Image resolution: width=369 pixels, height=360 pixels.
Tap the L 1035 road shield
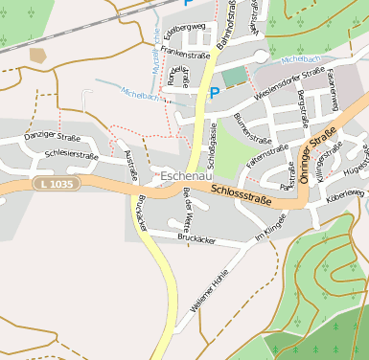pos(55,182)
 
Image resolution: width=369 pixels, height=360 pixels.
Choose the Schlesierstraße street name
pos(71,153)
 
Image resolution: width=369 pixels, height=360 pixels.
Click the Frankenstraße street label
pos(186,56)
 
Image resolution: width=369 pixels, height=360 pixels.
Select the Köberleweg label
pos(345,194)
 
